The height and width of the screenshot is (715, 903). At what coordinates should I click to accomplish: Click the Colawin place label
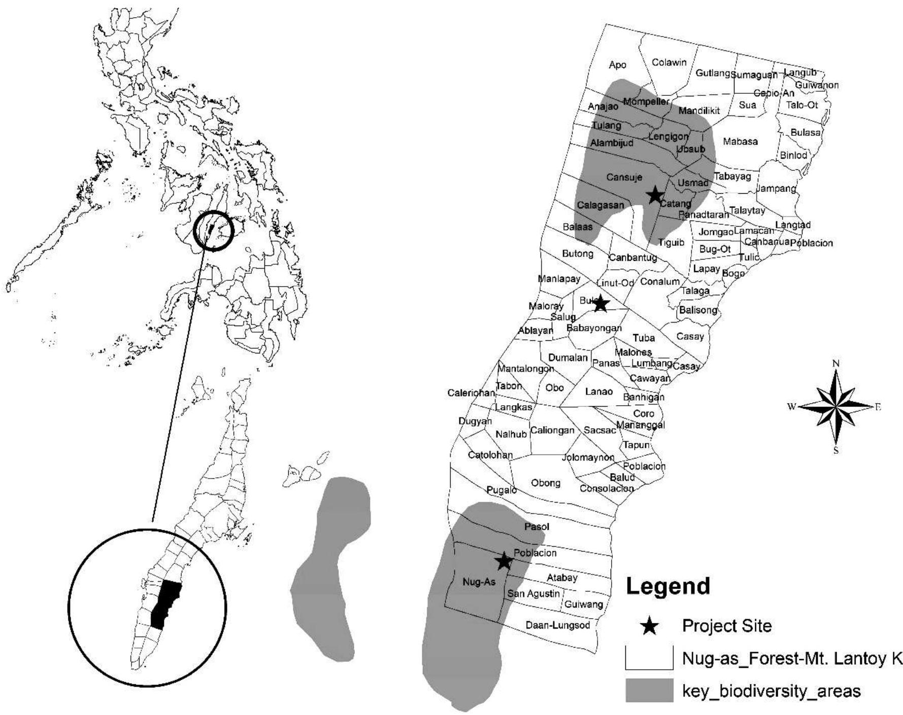[x=669, y=62]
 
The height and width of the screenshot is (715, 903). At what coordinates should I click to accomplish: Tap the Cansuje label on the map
[x=624, y=177]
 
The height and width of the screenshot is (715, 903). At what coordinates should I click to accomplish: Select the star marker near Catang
[x=655, y=194]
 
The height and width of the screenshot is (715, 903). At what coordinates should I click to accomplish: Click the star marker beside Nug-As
[x=504, y=561]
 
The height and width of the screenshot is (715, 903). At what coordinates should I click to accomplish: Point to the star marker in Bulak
[x=600, y=303]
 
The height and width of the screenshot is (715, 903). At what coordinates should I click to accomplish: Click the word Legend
[x=668, y=586]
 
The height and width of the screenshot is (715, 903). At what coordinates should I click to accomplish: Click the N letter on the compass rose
[x=836, y=363]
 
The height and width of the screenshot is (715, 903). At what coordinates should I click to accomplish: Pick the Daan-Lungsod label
[x=558, y=625]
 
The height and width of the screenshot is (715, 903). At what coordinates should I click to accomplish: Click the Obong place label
[x=546, y=483]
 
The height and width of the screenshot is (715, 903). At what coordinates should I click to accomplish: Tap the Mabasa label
[x=740, y=141]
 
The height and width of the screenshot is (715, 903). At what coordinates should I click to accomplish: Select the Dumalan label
[x=567, y=357]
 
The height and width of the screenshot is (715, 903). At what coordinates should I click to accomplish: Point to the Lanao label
[x=599, y=391]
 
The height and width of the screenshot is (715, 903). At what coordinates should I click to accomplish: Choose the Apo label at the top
[x=618, y=65]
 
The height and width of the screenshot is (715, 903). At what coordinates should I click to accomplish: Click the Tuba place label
[x=644, y=338]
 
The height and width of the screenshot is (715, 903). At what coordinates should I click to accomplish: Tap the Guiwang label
[x=584, y=604]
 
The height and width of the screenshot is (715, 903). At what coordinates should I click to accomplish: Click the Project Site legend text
[x=727, y=626]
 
